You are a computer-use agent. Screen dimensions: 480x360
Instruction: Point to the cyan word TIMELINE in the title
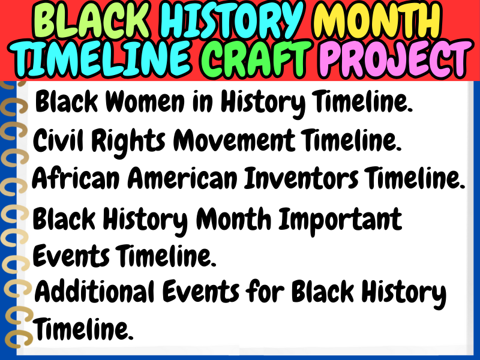103,59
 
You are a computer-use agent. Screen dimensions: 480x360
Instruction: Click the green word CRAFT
256,59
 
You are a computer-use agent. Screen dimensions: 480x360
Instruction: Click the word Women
145,101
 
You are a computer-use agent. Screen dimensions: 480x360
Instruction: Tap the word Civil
58,140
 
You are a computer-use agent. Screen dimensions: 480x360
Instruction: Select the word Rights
128,142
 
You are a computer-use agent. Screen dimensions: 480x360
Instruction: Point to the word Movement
234,140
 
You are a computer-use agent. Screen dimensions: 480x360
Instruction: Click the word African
76,178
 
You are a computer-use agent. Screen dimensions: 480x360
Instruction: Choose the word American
182,178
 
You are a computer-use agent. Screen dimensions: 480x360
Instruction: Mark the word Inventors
301,178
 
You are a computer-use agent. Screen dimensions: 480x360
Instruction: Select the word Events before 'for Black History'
201,292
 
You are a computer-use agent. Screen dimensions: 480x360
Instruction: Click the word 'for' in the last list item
265,291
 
